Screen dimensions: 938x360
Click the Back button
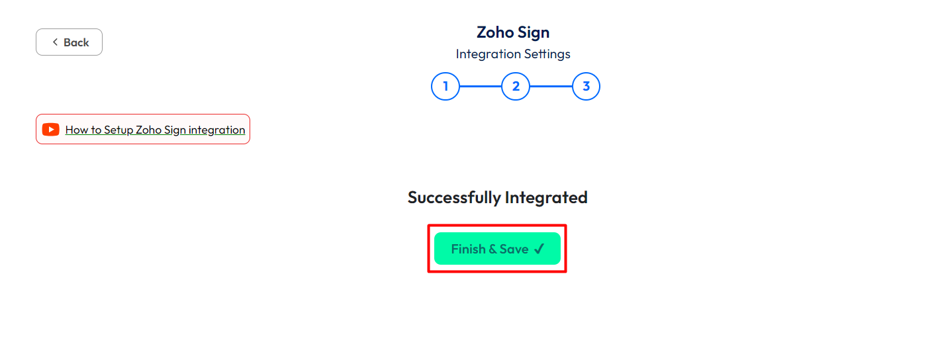pos(69,42)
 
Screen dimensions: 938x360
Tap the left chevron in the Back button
pos(55,42)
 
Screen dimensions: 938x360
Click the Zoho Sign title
pos(513,32)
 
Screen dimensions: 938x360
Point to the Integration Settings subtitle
pos(513,54)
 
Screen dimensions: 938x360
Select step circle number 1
pos(446,86)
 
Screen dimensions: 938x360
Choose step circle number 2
pos(516,86)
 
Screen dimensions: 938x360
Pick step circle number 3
pos(586,86)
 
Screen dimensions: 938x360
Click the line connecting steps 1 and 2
pos(481,86)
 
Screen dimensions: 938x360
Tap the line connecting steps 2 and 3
pos(551,86)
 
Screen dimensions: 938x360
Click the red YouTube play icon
pos(51,129)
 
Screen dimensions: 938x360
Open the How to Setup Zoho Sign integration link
pos(155,130)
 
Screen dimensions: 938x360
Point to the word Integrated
pos(547,198)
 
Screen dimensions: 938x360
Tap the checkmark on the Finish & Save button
pos(539,249)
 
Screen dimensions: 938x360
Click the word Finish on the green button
pos(468,249)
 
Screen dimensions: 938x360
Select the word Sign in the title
pos(533,33)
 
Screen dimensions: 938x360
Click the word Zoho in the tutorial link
pos(149,130)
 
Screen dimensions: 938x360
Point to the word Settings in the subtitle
pos(547,54)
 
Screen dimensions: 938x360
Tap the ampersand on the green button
pos(492,249)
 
